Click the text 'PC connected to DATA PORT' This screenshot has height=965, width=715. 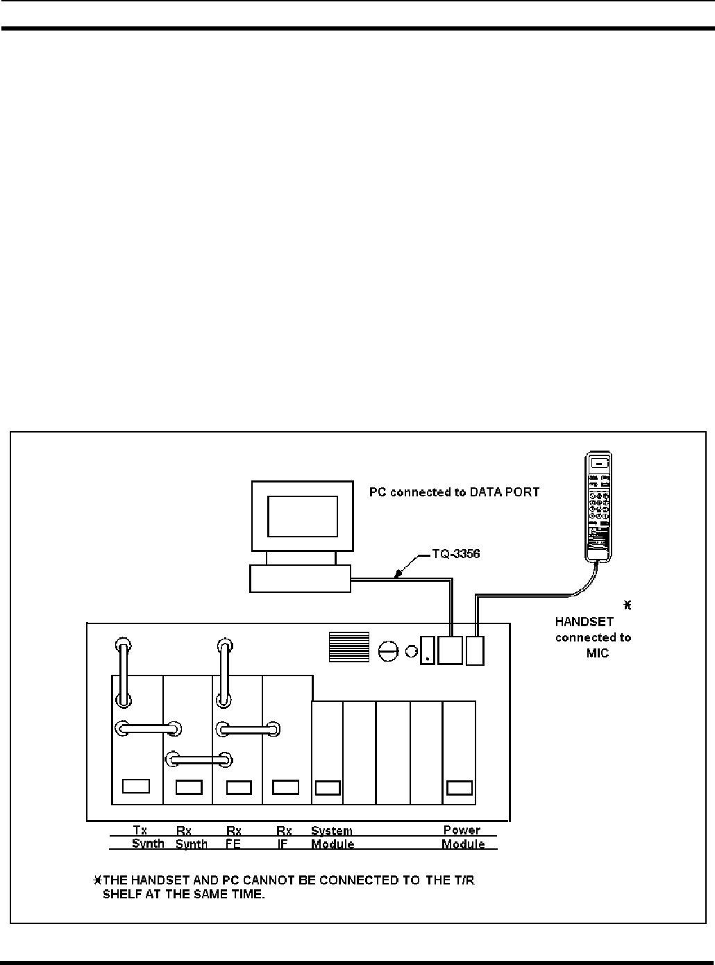454,492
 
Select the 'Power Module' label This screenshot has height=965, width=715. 462,837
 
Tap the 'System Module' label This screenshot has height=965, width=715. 332,838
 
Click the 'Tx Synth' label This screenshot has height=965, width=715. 147,837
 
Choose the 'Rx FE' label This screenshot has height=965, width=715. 234,838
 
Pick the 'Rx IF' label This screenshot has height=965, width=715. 283,838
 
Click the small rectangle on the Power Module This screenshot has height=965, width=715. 460,788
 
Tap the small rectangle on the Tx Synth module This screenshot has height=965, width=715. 136,786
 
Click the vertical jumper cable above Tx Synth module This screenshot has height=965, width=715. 123,673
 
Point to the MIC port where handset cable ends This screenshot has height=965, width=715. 475,651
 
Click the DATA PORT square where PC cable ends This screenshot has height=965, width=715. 450,651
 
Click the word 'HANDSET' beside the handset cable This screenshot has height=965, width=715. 584,622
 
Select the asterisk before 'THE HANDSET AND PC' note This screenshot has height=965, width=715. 98,880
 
